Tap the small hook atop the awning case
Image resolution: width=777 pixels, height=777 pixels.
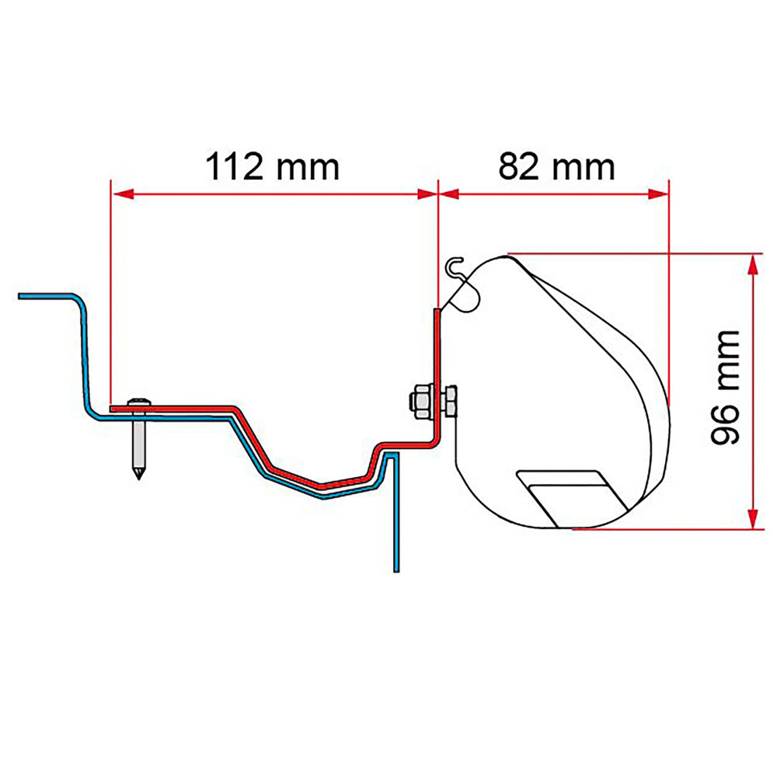(456, 267)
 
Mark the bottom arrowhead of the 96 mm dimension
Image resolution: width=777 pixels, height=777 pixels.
(752, 519)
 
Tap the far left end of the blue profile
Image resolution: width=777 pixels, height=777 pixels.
(21, 296)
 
